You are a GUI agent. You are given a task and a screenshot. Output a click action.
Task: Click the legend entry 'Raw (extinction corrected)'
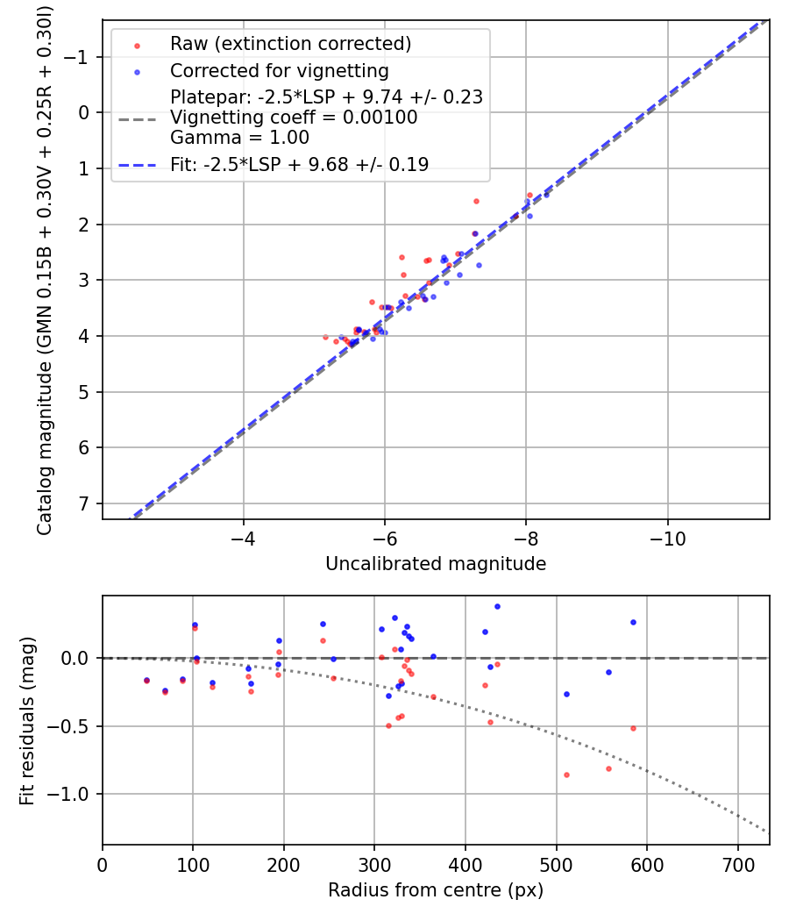point(290,44)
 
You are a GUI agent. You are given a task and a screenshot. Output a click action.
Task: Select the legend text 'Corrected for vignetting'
point(279,70)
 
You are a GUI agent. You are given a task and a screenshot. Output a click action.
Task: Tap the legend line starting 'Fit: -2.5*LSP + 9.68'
point(299,165)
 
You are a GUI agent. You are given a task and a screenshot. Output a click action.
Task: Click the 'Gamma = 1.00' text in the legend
point(239,138)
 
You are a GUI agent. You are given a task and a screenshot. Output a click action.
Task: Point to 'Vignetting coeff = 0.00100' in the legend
point(294,118)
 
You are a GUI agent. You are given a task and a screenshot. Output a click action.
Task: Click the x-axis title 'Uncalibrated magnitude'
point(436,564)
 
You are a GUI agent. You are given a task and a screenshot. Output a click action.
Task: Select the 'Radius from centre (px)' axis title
point(436,890)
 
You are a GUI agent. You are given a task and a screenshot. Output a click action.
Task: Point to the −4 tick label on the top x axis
point(243,539)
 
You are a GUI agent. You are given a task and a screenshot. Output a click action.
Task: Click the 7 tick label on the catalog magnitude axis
point(84,503)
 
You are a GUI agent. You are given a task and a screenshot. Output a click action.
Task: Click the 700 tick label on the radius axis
point(737,865)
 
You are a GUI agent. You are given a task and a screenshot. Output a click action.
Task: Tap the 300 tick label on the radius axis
point(374,865)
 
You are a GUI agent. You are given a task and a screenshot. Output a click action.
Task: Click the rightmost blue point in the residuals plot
point(633,622)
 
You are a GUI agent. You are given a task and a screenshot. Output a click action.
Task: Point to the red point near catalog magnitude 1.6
point(476,201)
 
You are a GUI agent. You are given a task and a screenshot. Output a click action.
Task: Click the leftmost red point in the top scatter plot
point(325,337)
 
